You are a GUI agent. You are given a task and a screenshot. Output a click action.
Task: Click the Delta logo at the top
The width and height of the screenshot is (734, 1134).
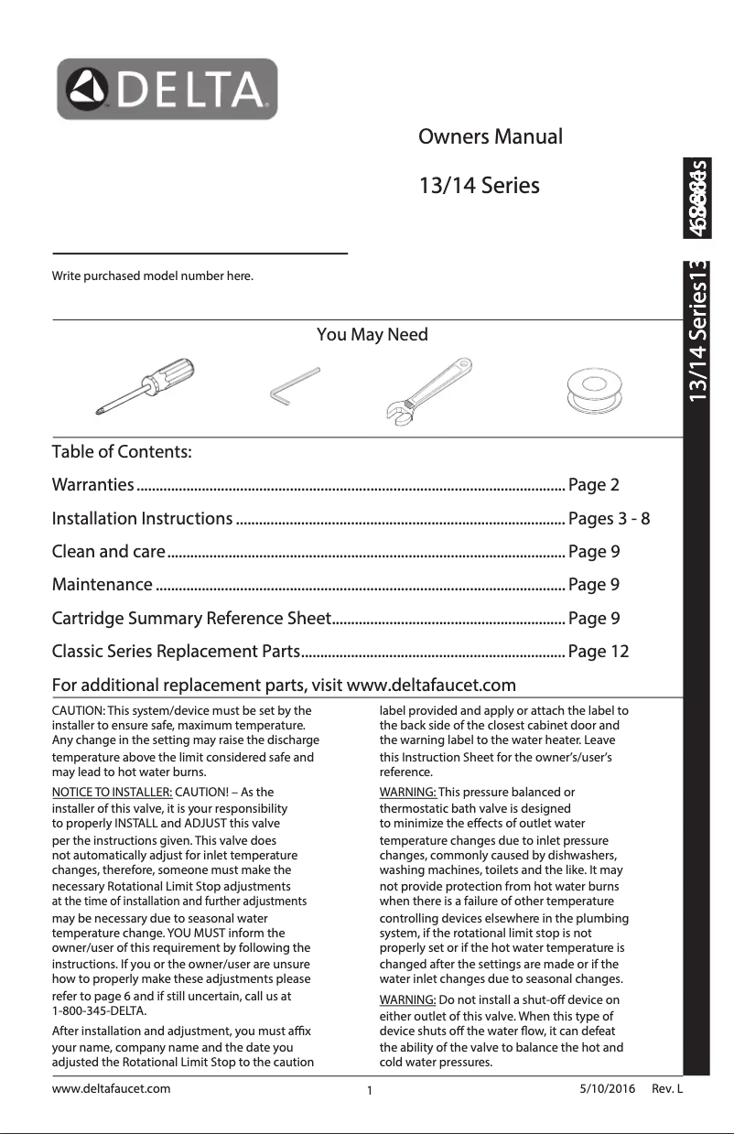tap(167, 89)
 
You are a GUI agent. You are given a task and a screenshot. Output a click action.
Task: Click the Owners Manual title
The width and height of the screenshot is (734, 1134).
tap(490, 137)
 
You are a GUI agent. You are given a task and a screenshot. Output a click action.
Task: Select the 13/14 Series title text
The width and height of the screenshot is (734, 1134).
tap(479, 186)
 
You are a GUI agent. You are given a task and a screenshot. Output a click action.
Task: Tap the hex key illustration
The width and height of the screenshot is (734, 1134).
tap(294, 384)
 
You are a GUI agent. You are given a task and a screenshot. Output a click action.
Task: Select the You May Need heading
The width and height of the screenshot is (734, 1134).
tap(372, 334)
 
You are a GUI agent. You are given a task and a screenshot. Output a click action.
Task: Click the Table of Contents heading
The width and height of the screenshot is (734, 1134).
tap(122, 452)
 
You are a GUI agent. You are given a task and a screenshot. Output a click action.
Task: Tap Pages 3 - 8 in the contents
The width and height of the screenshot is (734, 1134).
tap(610, 519)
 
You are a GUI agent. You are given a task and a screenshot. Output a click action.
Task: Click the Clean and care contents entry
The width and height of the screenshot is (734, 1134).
tap(109, 552)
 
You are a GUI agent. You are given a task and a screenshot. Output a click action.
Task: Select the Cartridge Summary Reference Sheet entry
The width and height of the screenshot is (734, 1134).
tap(190, 619)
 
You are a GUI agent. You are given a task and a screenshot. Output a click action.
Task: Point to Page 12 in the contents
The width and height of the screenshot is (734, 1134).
tap(599, 652)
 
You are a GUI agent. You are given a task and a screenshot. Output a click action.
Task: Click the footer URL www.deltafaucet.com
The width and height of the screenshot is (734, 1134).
tap(112, 1088)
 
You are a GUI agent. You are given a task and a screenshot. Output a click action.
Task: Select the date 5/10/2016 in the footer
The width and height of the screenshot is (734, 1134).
tap(608, 1088)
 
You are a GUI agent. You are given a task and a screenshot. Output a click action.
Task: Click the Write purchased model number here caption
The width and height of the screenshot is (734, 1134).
tap(152, 275)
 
